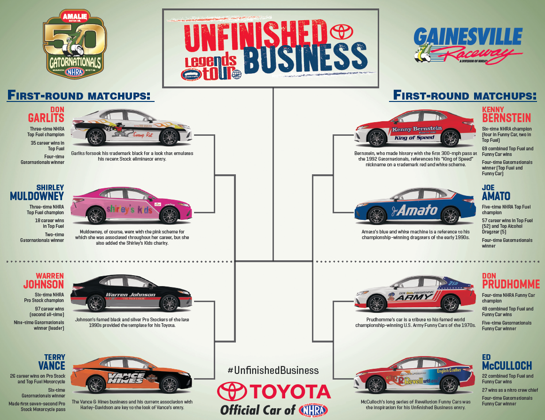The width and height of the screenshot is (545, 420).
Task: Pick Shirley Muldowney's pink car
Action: pyautogui.click(x=132, y=207)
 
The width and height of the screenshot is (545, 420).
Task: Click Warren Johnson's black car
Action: pyautogui.click(x=132, y=296)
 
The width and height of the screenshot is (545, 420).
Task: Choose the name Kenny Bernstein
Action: pyautogui.click(x=506, y=114)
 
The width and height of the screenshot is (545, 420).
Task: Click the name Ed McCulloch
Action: pyautogui.click(x=507, y=361)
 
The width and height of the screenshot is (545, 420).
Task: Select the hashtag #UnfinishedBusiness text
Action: pyautogui.click(x=273, y=371)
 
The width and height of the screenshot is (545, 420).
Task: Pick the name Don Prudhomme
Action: pyautogui.click(x=510, y=280)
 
